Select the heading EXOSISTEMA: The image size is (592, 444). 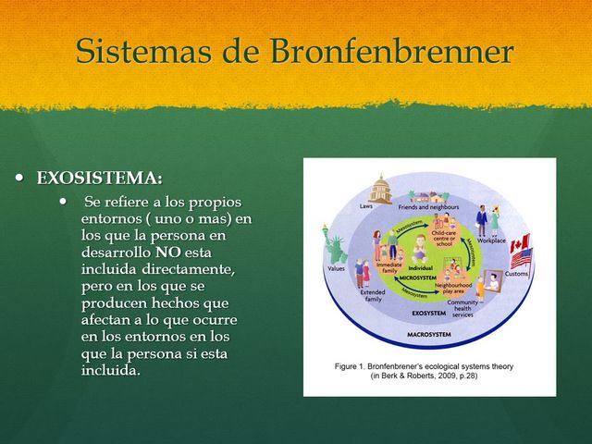(99, 178)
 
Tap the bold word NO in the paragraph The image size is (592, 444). (167, 252)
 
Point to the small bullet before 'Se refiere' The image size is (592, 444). (63, 202)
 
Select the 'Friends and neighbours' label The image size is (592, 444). (429, 207)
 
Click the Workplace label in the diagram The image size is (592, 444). (491, 240)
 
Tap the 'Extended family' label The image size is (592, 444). (373, 295)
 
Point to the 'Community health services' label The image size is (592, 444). (462, 308)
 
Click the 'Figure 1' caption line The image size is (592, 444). (424, 366)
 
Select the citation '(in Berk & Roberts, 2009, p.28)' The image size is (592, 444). (424, 376)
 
